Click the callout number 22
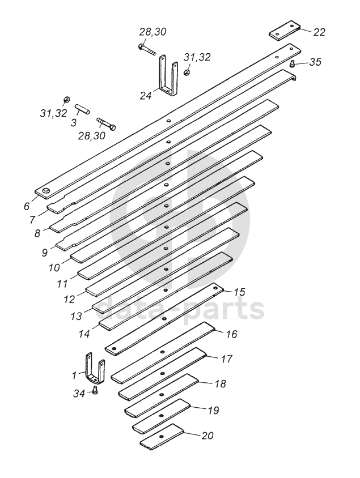click(319, 32)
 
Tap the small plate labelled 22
click(285, 31)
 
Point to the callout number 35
click(315, 62)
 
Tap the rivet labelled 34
click(95, 390)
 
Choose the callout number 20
click(207, 436)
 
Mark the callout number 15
click(239, 292)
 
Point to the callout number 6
click(27, 206)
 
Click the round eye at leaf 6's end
click(46, 191)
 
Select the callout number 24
click(146, 96)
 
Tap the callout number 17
click(226, 359)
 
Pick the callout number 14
click(84, 334)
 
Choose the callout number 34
click(79, 393)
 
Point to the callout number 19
click(213, 410)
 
